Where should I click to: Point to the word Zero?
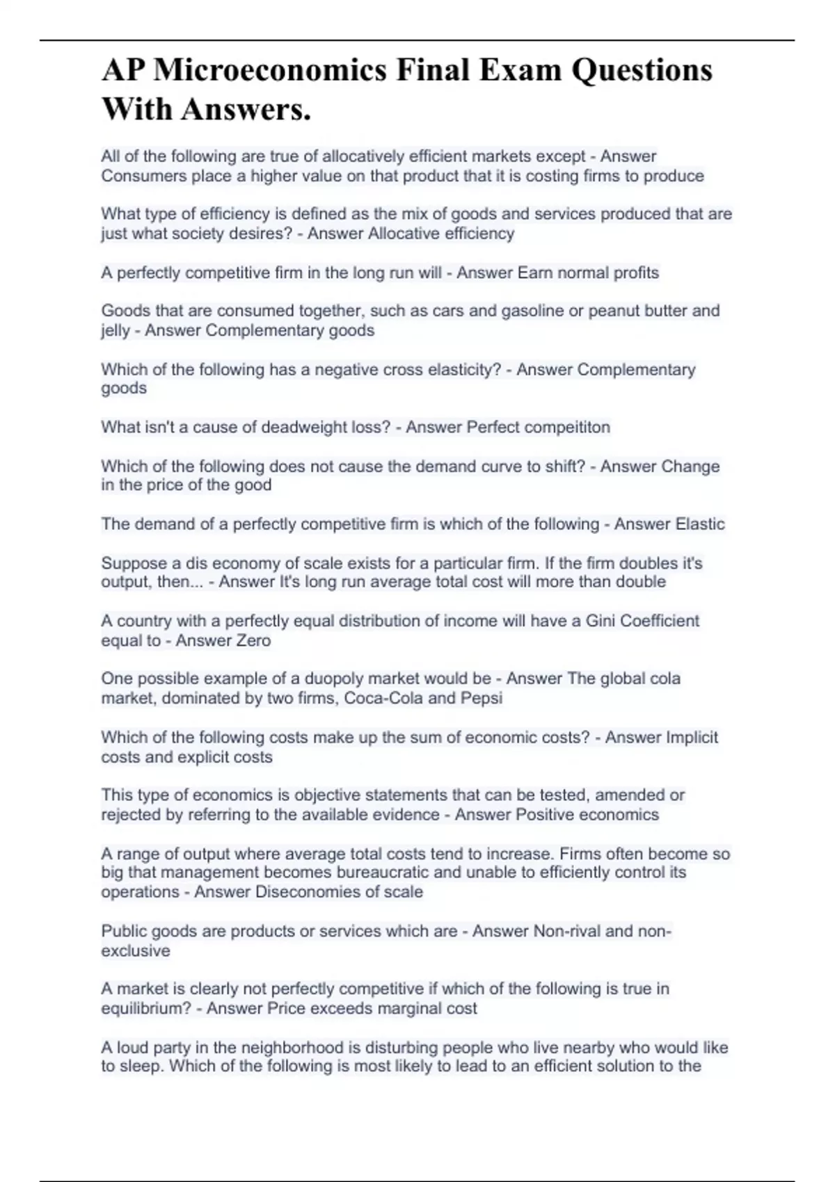(x=252, y=640)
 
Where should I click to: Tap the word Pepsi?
(x=482, y=698)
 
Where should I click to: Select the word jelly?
(x=116, y=330)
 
